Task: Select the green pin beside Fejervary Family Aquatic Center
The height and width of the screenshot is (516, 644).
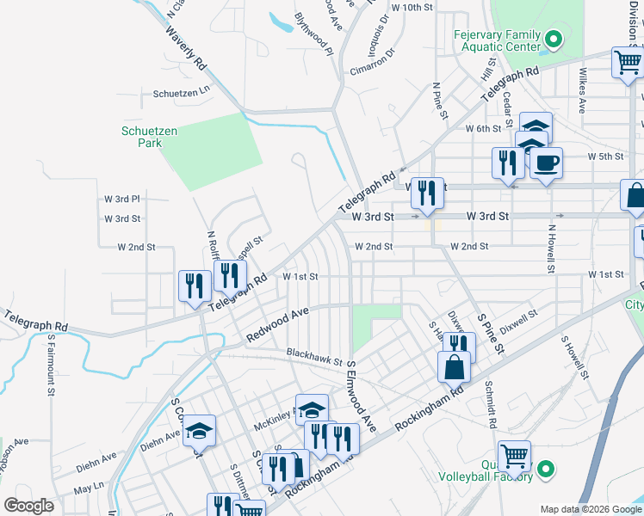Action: (554, 40)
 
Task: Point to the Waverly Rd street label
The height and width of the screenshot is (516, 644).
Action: (187, 52)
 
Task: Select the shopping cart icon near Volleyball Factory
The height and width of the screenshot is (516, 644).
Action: (514, 456)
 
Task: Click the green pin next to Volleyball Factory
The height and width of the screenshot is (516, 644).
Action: (544, 470)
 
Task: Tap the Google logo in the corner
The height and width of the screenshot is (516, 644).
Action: (28, 506)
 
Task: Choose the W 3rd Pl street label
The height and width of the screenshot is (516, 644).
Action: (121, 199)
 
